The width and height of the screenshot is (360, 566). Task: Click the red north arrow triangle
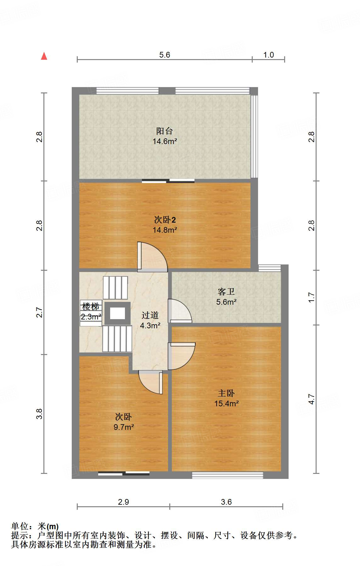pyautogui.click(x=44, y=56)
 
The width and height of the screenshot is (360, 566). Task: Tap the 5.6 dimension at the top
pyautogui.click(x=164, y=55)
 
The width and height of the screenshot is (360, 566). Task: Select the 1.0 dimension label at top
pyautogui.click(x=268, y=55)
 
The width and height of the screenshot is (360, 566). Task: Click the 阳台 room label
pyautogui.click(x=164, y=131)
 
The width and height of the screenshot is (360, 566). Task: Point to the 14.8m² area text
pyautogui.click(x=165, y=230)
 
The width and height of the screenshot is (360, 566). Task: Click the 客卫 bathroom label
pyautogui.click(x=226, y=292)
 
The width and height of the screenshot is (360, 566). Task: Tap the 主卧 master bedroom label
pyautogui.click(x=226, y=393)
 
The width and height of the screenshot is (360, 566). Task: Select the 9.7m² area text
pyautogui.click(x=124, y=427)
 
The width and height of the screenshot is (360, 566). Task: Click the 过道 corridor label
pyautogui.click(x=150, y=315)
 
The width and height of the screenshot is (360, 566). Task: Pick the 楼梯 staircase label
pyautogui.click(x=91, y=306)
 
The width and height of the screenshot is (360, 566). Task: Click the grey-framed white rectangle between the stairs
pyautogui.click(x=117, y=313)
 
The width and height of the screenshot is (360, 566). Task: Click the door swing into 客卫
pyautogui.click(x=180, y=311)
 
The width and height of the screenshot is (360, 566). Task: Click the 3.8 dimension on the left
pyautogui.click(x=39, y=413)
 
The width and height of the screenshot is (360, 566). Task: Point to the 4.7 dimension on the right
pyautogui.click(x=311, y=399)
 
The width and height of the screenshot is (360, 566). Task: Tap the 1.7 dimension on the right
pyautogui.click(x=311, y=297)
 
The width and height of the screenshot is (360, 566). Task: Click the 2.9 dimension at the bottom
pyautogui.click(x=123, y=502)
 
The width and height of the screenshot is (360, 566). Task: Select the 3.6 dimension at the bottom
pyautogui.click(x=226, y=502)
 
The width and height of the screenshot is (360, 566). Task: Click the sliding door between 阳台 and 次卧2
pyautogui.click(x=168, y=181)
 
